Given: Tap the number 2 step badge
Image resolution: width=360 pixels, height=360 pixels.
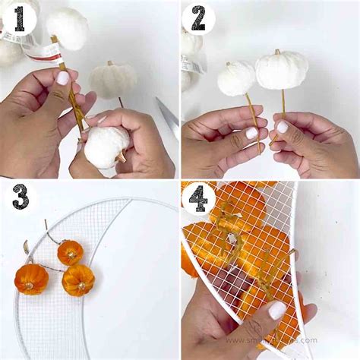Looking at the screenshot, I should click(198, 18).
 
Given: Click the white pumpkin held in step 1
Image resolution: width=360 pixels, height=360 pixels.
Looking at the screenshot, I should click(106, 146).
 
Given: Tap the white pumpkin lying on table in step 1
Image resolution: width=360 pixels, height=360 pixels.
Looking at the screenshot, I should click(112, 79).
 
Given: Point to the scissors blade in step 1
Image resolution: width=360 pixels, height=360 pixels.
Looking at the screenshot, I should click(169, 115).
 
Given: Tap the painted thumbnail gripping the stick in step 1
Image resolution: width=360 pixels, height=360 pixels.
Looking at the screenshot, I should click(63, 77).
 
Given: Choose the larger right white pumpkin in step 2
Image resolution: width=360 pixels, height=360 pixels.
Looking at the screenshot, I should click(281, 71).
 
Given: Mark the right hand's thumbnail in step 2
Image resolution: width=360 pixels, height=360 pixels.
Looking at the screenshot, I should click(282, 127).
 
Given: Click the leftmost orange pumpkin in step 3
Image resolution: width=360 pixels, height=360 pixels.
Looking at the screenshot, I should click(31, 279).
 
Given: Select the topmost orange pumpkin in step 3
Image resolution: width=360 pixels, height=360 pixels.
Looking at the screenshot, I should click(70, 251).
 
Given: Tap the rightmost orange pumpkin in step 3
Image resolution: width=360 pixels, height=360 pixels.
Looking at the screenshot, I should click(78, 280).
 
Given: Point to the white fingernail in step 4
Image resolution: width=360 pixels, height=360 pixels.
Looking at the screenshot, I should click(276, 310).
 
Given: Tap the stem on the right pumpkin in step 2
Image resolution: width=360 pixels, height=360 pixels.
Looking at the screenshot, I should click(277, 52).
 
